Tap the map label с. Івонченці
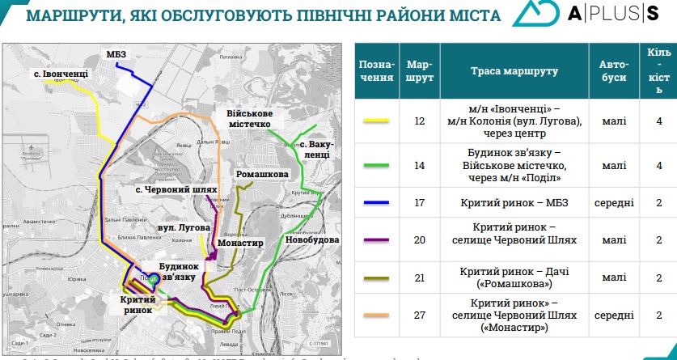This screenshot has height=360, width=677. pos(61,74)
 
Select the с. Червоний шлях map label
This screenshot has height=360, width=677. pos(177,189)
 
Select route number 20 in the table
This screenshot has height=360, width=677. pos(419,239)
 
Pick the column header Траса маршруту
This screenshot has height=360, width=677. pos(514,71)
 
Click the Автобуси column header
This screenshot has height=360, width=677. pos(614,71)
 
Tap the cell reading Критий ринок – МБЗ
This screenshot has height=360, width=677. pos(514,202)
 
